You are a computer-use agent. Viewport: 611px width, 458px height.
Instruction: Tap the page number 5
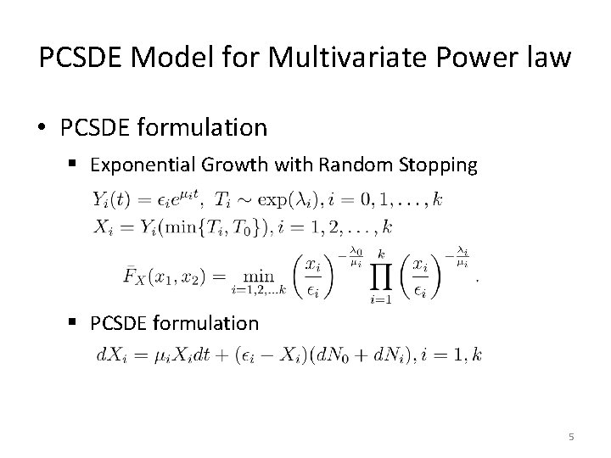(x=571, y=437)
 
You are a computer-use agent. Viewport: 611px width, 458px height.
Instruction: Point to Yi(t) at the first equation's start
(x=111, y=201)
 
